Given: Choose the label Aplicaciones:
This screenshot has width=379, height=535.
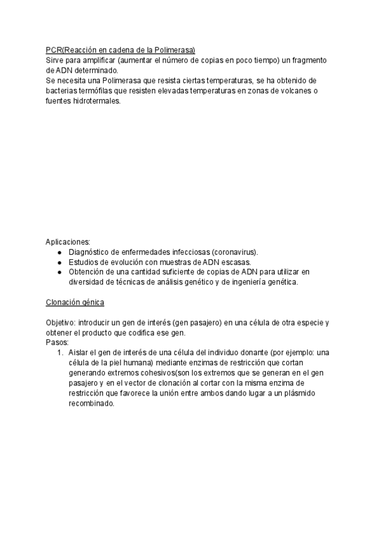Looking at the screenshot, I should click(68, 242).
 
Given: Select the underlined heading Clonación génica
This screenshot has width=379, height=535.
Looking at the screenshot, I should click(75, 302).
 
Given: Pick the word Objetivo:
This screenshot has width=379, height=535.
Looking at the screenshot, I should click(61, 322).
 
